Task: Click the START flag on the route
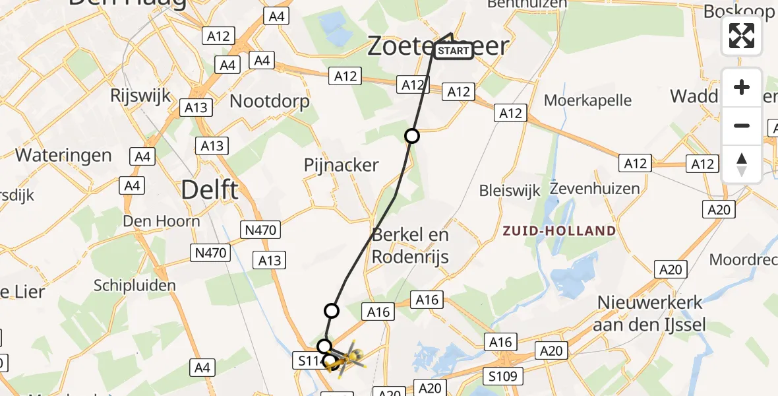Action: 454,51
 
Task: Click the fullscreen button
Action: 742,36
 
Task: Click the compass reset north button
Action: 742,164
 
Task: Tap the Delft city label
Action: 210,190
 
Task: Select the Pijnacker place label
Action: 342,164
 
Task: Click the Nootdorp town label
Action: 269,101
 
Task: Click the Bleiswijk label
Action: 510,191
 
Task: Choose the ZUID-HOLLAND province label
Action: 559,231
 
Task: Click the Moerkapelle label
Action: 587,101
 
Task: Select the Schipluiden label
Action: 135,286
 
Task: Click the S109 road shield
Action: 506,376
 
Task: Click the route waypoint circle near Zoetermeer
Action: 412,137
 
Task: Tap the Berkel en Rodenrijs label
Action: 410,245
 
